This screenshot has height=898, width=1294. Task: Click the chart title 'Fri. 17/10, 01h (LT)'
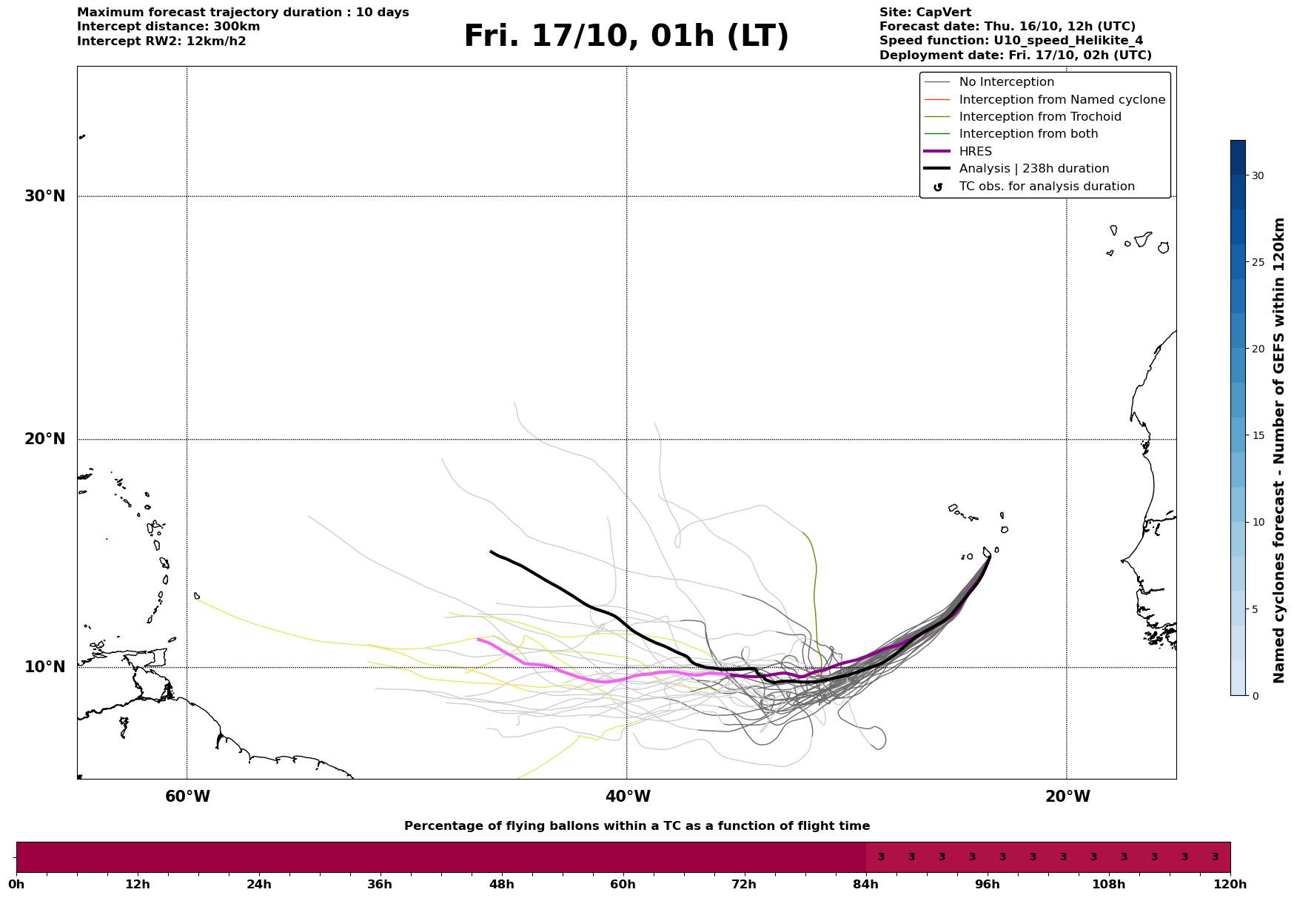tap(626, 36)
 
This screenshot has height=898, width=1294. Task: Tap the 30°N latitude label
tap(44, 196)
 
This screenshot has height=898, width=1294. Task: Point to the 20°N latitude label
tap(44, 439)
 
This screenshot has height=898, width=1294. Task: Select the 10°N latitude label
tap(44, 667)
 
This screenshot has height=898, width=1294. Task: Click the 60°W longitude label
tap(187, 797)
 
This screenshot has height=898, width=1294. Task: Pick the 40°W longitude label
tap(628, 797)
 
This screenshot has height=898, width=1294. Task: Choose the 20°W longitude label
tap(1067, 797)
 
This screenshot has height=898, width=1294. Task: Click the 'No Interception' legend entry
tap(1006, 82)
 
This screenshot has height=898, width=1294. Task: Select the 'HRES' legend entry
tap(976, 151)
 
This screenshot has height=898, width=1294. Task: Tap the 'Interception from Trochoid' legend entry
tap(1039, 117)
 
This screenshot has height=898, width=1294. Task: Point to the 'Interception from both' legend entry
tap(1028, 134)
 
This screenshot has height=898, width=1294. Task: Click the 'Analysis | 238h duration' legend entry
tap(1033, 169)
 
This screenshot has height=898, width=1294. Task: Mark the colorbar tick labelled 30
tap(1258, 175)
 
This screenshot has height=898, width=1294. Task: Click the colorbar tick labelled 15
tap(1258, 435)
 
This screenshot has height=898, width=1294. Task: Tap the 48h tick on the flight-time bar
tap(502, 884)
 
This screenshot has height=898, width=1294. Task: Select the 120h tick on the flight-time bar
tap(1230, 884)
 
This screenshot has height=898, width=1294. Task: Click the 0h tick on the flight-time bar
tap(16, 884)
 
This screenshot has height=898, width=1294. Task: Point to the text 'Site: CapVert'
tap(925, 13)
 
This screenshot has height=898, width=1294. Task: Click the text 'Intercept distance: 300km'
tap(168, 27)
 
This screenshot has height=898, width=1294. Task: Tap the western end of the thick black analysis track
tap(492, 552)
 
